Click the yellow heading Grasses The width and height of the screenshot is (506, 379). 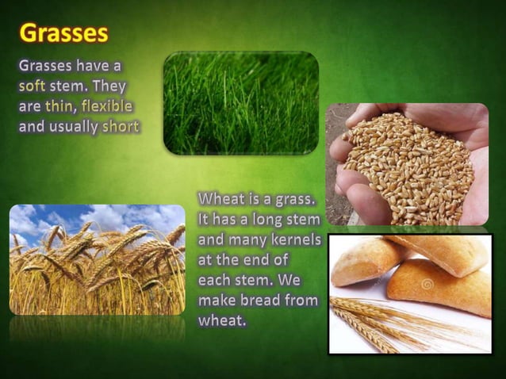[x=63, y=33]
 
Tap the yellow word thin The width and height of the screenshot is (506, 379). [x=59, y=106]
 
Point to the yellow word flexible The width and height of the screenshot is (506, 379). [x=106, y=106]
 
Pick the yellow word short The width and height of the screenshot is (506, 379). [x=120, y=127]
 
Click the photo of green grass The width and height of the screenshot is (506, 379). [x=240, y=103]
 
